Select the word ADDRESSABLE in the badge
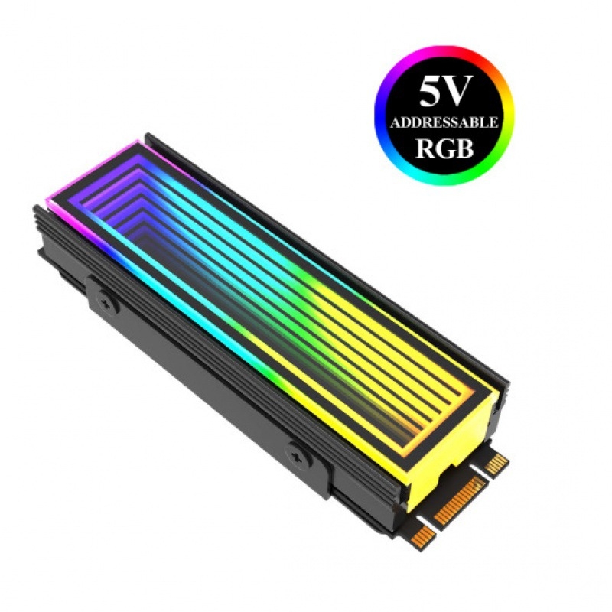tap(444, 122)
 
